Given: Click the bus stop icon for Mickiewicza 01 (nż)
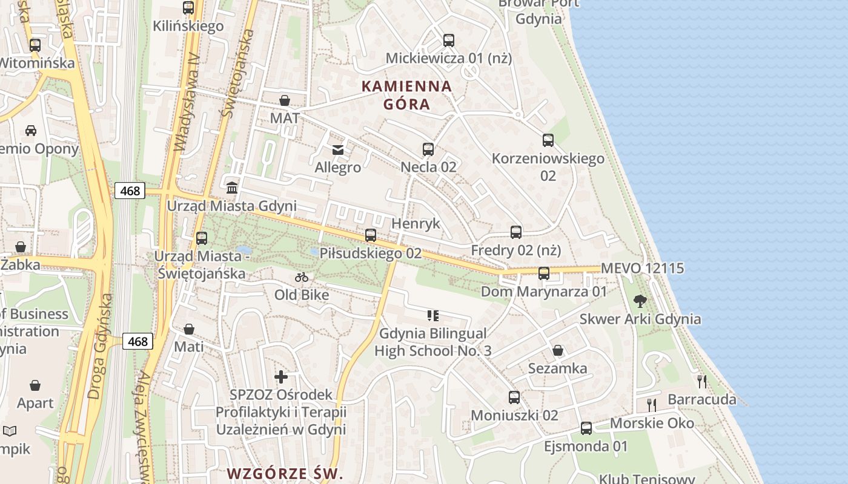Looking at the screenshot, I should pyautogui.click(x=448, y=41).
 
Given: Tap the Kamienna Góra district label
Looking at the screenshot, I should pyautogui.click(x=407, y=95).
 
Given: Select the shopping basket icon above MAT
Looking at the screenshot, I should pyautogui.click(x=285, y=100).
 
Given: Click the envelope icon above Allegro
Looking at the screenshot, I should pyautogui.click(x=338, y=149).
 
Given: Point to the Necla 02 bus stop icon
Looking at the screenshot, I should pyautogui.click(x=428, y=149).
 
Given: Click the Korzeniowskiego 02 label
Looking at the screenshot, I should pyautogui.click(x=548, y=167).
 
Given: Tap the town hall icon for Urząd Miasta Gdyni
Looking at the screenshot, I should pyautogui.click(x=231, y=187).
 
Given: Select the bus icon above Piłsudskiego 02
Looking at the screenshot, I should pyautogui.click(x=371, y=235).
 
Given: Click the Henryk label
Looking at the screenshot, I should pyautogui.click(x=416, y=223).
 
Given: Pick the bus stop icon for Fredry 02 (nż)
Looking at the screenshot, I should pyautogui.click(x=516, y=232).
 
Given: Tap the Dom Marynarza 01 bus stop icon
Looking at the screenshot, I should pyautogui.click(x=544, y=273).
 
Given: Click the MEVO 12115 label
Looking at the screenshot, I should pyautogui.click(x=642, y=268).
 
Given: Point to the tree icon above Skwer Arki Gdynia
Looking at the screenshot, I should pyautogui.click(x=640, y=301).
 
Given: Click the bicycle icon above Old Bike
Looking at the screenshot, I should pyautogui.click(x=302, y=277).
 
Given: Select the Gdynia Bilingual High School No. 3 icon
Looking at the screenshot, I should pyautogui.click(x=432, y=315).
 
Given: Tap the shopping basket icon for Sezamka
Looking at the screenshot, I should pyautogui.click(x=558, y=350).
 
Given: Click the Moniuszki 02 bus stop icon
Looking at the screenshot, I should pyautogui.click(x=514, y=397).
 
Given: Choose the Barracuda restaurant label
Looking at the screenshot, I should pyautogui.click(x=702, y=399).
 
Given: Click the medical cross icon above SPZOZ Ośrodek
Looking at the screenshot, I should pyautogui.click(x=281, y=377).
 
